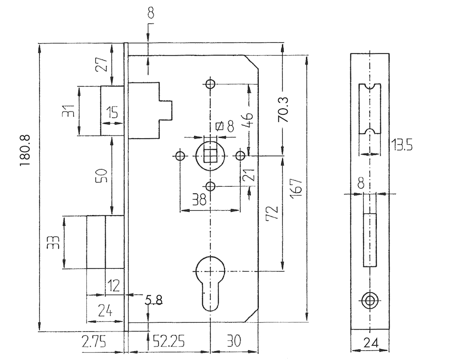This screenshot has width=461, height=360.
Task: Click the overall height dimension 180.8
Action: pos(25,151)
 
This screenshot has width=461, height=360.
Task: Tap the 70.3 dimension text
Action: pos(284,109)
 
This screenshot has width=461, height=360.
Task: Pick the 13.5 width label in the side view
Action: pos(402,146)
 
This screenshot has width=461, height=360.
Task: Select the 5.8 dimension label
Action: pos(154,301)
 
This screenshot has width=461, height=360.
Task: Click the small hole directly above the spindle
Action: pos(210,84)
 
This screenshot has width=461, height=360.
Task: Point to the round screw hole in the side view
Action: pos(369,300)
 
